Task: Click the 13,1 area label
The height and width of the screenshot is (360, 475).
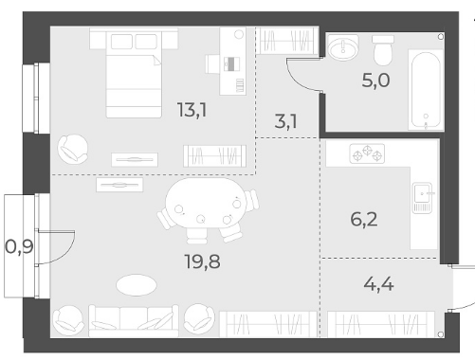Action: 192,110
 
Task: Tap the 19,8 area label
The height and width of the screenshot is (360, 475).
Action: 202,261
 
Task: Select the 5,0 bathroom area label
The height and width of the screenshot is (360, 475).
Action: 375,81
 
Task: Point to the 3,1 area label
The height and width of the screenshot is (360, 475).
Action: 285,121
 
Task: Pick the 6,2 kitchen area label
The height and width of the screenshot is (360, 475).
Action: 364,219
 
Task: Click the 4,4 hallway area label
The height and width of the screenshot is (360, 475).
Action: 378,284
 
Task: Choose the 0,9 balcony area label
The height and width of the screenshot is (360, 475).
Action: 19,246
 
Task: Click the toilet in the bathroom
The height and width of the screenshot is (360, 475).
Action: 383,50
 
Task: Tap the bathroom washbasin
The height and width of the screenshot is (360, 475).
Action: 343,47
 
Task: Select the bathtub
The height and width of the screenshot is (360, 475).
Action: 426,90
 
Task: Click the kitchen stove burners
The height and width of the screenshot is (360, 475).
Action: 367,153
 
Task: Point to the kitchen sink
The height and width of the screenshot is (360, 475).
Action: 423,197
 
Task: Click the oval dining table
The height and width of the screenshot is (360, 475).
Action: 206,203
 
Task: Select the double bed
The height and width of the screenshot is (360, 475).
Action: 134,73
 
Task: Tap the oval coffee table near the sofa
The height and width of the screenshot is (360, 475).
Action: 137,285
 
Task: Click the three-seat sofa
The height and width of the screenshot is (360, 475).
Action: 134,320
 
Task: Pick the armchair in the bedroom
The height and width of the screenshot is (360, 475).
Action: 73,149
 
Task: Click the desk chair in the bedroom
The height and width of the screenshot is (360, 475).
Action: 213,64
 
